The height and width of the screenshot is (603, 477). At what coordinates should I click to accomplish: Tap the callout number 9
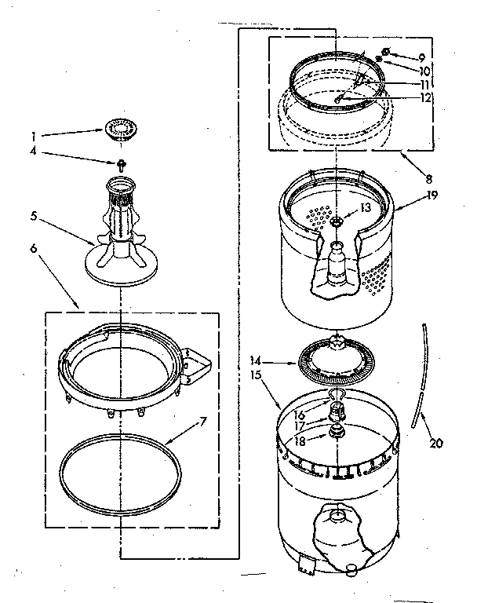pos(422,57)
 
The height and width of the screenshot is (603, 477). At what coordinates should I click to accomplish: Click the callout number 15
pos(256,375)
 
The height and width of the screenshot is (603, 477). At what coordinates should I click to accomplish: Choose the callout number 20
pos(435,443)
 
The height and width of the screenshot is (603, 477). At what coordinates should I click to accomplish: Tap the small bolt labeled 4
pos(121,163)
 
